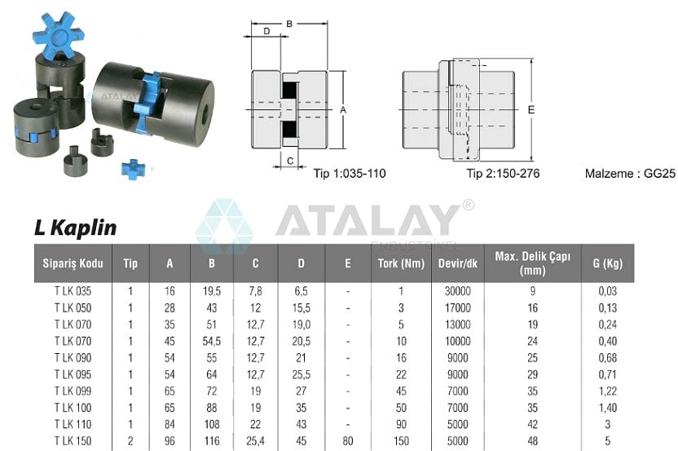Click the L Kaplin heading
(x=75, y=228)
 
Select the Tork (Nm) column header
(x=400, y=263)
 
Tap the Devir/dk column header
(x=457, y=263)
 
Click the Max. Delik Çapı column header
(x=532, y=263)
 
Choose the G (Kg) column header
(x=607, y=263)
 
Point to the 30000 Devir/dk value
(x=457, y=290)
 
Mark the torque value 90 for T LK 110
(x=400, y=424)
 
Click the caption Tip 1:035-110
(x=350, y=174)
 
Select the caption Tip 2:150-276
(x=503, y=174)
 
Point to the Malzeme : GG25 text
(x=630, y=174)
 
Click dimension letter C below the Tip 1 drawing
(x=290, y=161)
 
